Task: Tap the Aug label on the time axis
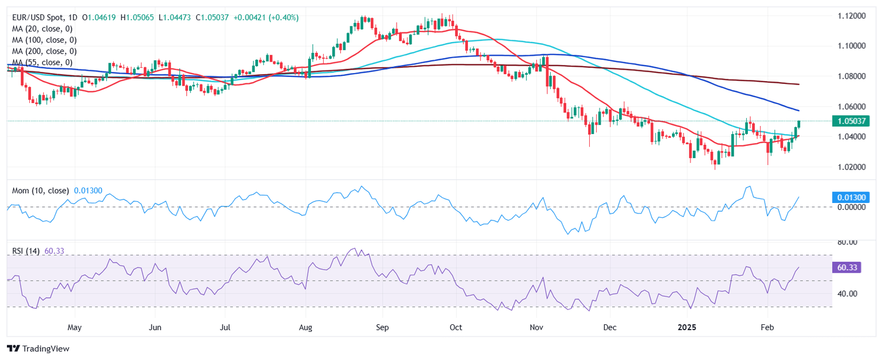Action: tap(306, 328)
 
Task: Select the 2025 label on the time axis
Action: tap(687, 328)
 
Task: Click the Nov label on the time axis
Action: tap(536, 328)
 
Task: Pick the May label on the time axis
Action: tap(75, 328)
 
